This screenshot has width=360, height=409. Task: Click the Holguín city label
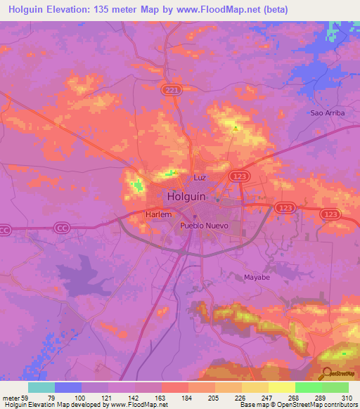186,197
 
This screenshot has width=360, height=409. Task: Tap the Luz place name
200,178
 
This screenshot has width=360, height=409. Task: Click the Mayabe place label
257,277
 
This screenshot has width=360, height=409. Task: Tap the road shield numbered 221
169,91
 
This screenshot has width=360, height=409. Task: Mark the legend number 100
80,397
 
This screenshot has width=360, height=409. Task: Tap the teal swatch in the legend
41,387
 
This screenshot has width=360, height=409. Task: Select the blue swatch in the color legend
68,387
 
